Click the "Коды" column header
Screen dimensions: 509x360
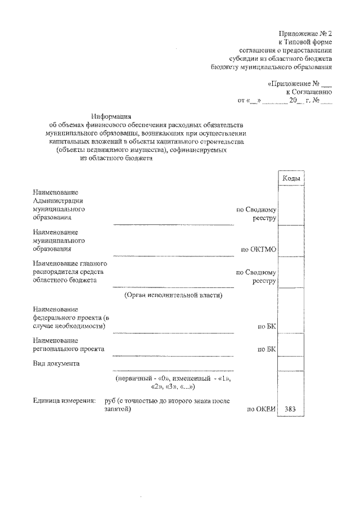(291, 178)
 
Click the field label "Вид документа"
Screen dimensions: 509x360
(55, 363)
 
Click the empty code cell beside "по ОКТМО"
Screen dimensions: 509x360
(291, 241)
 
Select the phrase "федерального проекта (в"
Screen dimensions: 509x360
(70, 318)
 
